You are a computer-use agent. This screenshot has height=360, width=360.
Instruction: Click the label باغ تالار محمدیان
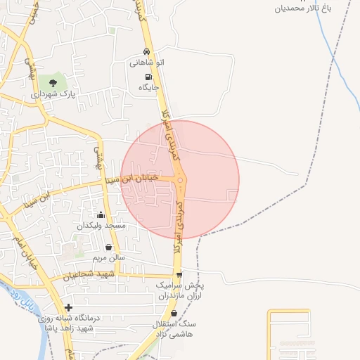point(302,8)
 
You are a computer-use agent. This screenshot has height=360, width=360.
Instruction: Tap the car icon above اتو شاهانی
point(146,52)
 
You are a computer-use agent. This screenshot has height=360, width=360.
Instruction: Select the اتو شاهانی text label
point(146,63)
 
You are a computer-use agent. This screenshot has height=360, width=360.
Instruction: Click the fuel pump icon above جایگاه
point(148,77)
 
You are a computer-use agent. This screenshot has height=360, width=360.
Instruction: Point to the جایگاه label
point(149,88)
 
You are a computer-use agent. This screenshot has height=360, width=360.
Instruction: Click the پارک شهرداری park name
point(52,94)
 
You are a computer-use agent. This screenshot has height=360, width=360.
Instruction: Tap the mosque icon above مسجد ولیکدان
point(101,214)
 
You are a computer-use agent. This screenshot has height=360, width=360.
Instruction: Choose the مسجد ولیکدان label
point(101,226)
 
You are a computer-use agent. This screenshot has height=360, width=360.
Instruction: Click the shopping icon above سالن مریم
point(108,247)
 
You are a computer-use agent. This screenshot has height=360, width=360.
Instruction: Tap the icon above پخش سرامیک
point(179,275)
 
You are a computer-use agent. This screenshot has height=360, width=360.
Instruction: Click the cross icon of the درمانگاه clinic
point(68,308)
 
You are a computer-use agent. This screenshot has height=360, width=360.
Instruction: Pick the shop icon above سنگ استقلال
point(174,313)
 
